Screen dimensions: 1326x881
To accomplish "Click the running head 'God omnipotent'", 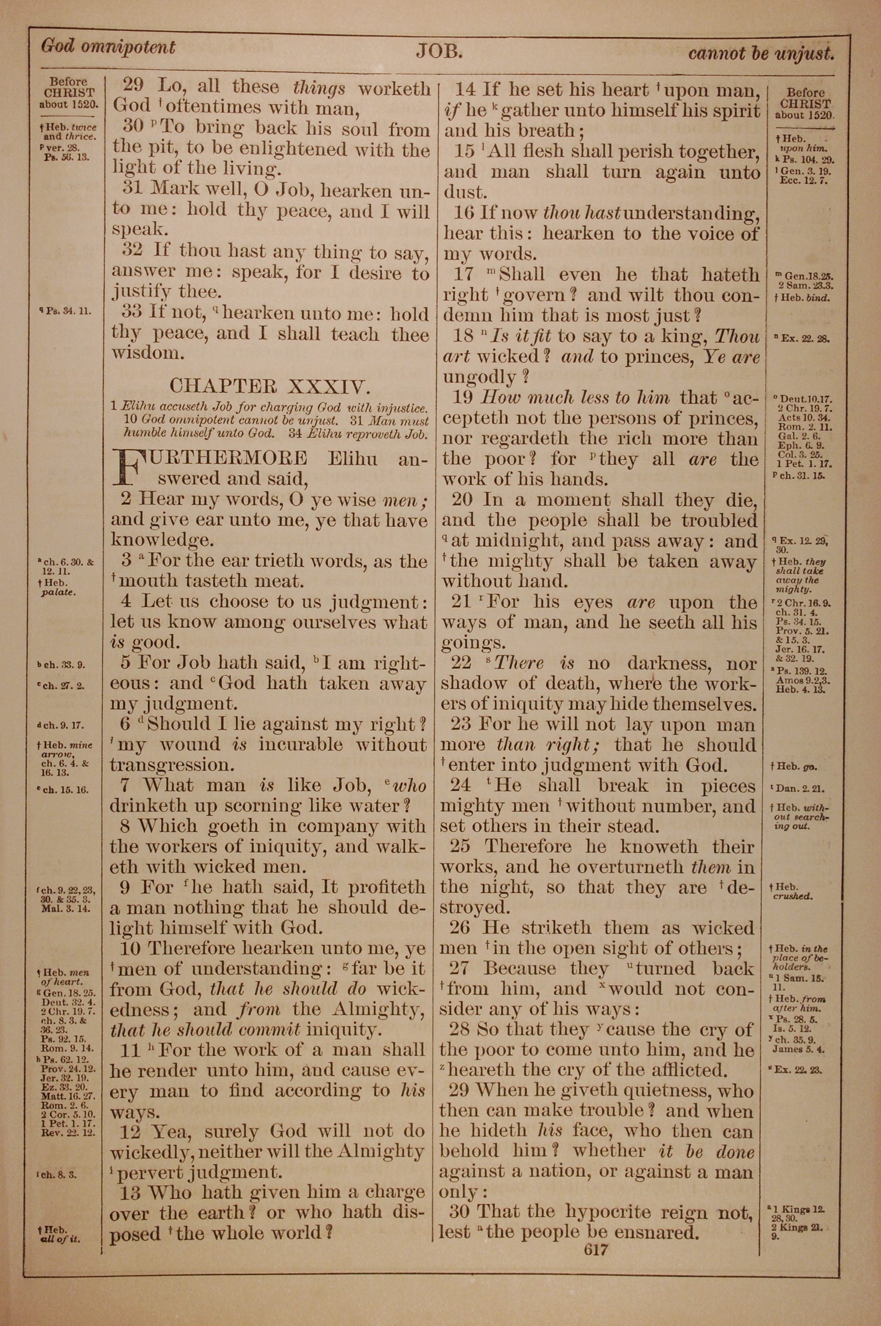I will (108, 47).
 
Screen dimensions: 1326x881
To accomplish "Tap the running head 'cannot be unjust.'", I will (761, 53).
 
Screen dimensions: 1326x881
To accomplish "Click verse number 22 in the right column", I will (461, 663).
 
